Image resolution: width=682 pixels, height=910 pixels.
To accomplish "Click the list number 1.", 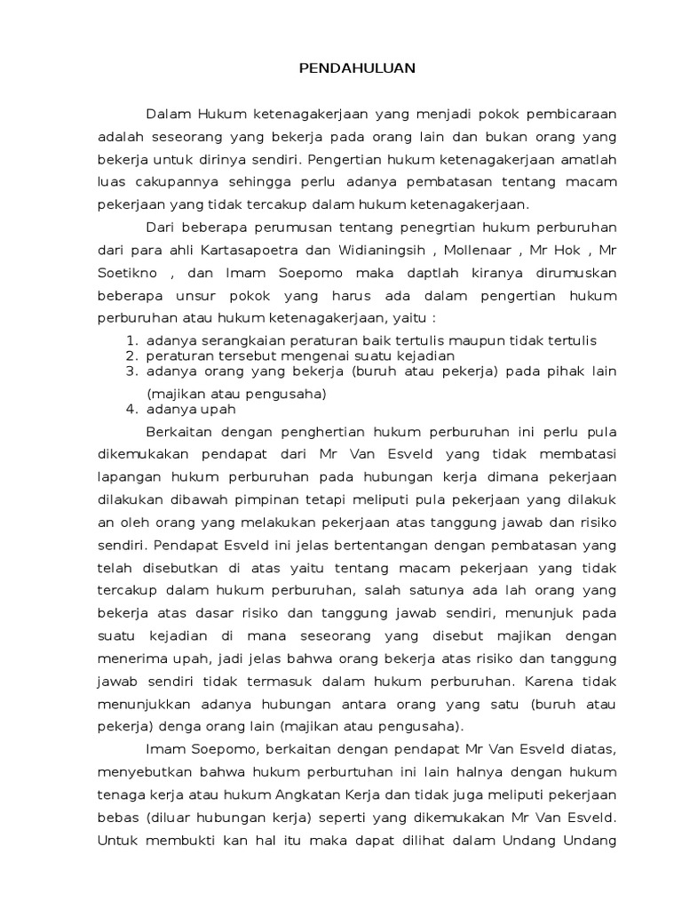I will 131,341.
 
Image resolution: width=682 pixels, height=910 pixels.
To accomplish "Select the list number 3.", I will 131,371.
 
